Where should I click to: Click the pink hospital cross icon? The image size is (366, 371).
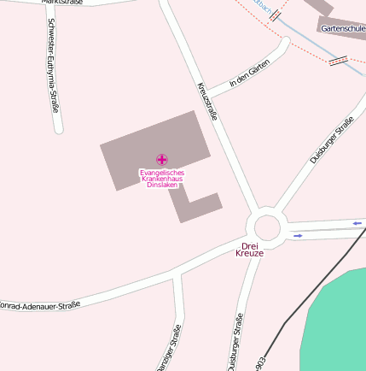162,159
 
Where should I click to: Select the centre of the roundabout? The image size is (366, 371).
267,228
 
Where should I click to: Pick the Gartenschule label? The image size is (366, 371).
343,28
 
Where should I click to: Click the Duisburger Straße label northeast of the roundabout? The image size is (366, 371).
331,141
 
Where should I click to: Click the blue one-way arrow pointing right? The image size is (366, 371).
298,235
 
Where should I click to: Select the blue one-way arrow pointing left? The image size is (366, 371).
357,223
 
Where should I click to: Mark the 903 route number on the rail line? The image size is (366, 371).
259,363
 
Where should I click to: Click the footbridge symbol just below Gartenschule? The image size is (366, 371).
338,60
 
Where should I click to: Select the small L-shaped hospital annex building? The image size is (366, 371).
195,206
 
